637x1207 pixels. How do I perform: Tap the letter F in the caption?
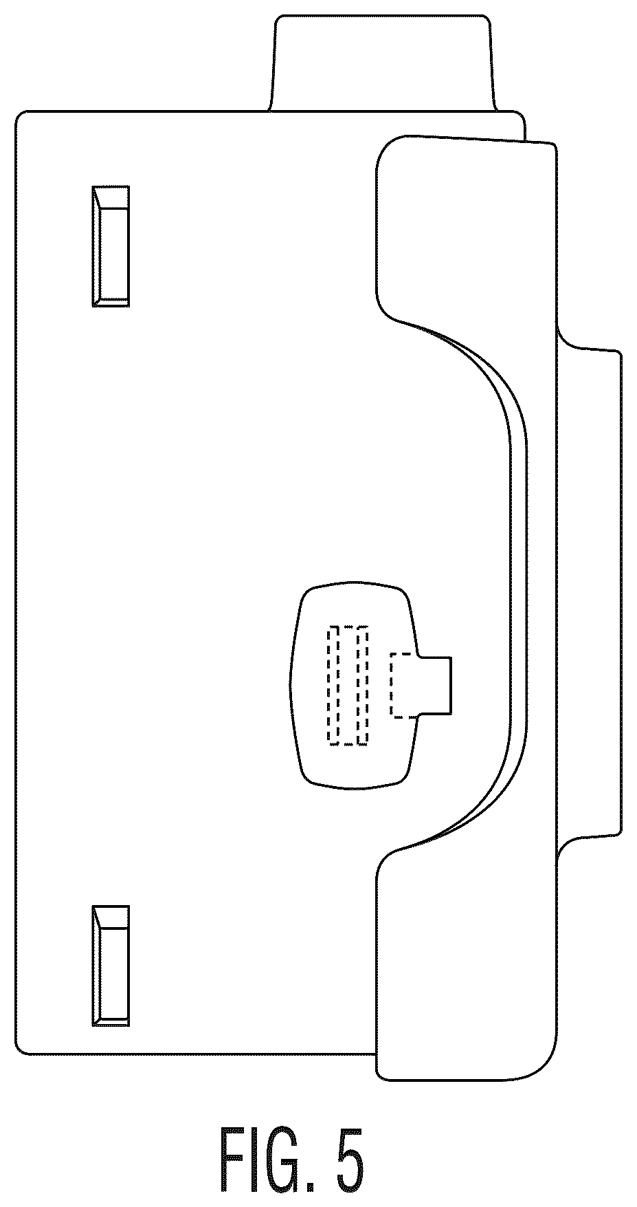(232, 1163)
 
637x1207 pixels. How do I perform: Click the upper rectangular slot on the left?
(111, 246)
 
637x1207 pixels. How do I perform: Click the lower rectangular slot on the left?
(111, 966)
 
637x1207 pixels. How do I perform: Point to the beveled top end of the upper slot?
(111, 197)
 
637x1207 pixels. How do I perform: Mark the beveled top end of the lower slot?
(111, 917)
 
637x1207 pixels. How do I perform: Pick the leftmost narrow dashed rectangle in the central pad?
(333, 685)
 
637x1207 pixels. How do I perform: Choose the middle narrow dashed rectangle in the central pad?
(348, 685)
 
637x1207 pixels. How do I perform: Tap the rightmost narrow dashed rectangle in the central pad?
(364, 685)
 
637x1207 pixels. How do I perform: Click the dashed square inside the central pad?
(404, 685)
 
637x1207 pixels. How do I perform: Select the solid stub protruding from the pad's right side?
(435, 684)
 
